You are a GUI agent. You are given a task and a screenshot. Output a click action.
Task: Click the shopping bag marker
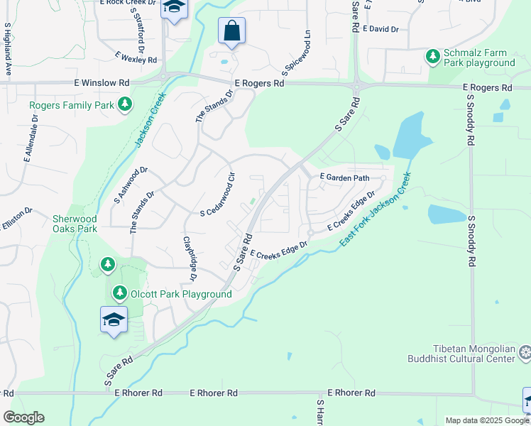(231, 31)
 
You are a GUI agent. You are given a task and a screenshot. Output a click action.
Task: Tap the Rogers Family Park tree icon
(125, 105)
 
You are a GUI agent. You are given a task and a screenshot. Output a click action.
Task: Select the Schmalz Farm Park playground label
(479, 58)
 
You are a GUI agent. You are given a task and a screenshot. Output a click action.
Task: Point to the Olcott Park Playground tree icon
(119, 293)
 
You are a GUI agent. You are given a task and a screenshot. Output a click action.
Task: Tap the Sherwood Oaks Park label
(75, 224)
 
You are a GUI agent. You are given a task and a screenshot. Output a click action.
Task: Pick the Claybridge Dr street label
(190, 257)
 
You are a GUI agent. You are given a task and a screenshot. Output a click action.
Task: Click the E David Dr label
(381, 29)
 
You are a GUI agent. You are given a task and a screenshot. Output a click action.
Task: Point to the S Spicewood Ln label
(297, 54)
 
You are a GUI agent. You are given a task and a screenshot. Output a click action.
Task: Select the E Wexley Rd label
(135, 58)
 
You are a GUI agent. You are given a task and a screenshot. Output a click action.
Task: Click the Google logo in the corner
(23, 417)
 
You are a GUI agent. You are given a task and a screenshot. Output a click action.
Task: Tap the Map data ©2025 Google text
(486, 420)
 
